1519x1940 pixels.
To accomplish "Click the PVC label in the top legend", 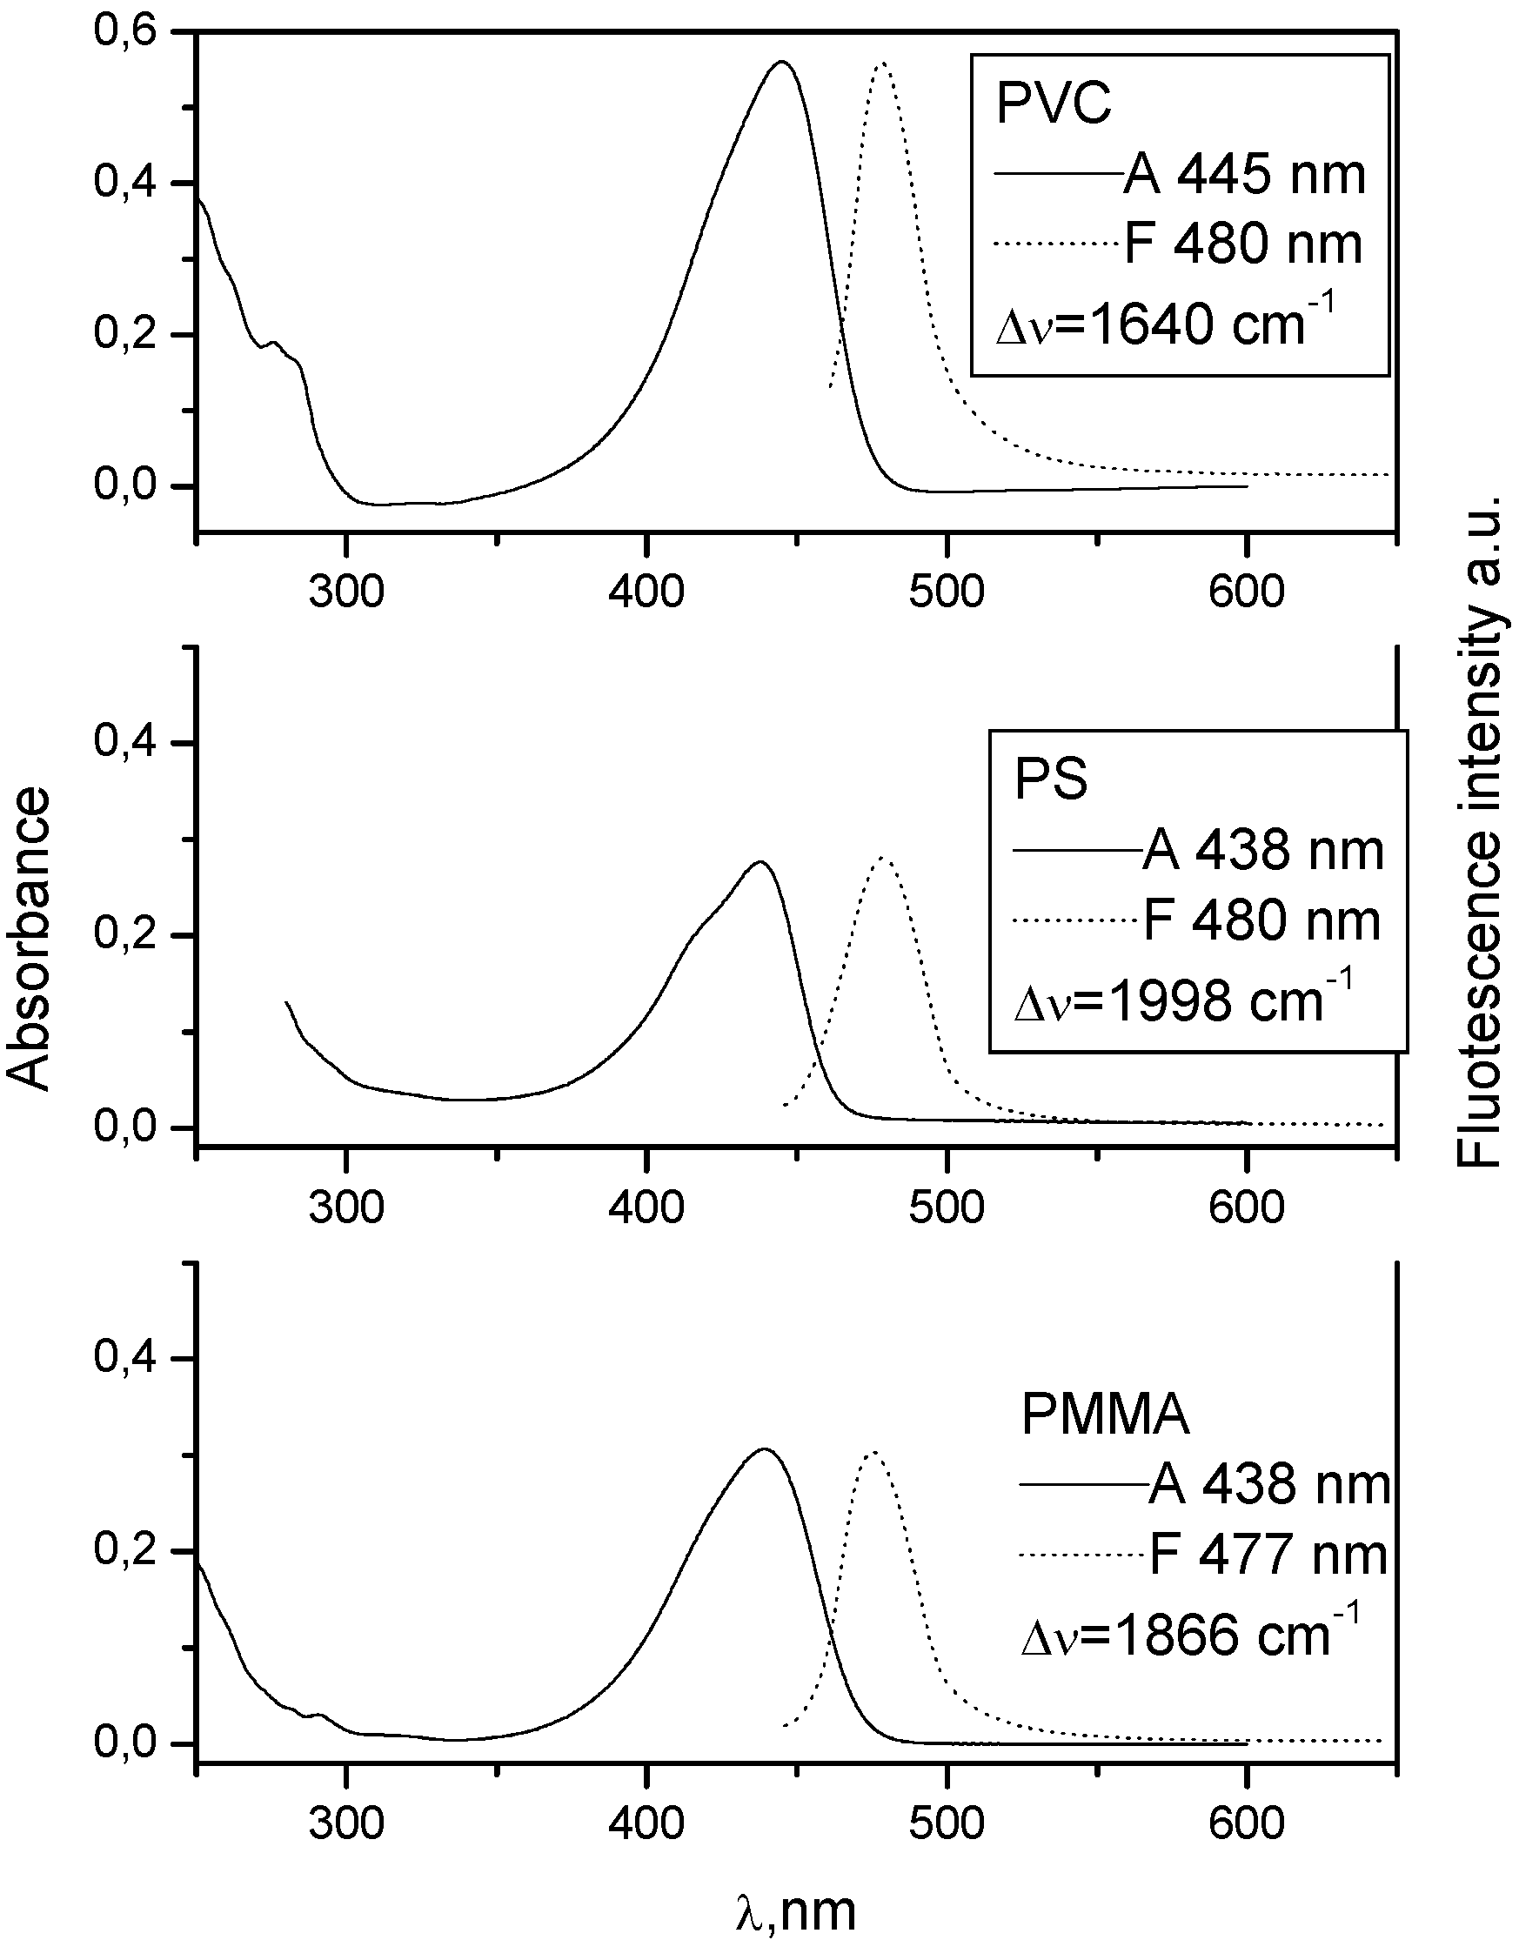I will coord(1054,104).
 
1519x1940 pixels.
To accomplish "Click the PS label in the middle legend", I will coord(1051,780).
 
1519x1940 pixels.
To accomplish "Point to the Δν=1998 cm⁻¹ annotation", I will coord(1183,1000).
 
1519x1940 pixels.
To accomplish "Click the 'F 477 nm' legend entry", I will coord(1268,1555).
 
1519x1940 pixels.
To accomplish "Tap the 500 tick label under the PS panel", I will coord(947,1207).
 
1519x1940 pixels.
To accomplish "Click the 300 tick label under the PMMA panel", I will coord(346,1823).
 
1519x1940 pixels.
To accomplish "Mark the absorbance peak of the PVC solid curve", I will coord(782,63).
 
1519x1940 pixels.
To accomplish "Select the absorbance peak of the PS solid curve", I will coord(759,861).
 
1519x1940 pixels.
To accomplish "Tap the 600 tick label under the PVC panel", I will coord(1246,592).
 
